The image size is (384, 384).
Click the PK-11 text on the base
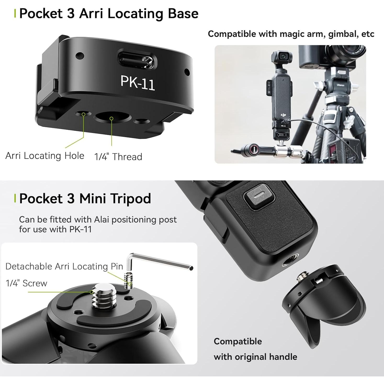pyautogui.click(x=138, y=82)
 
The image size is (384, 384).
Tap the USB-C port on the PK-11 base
pyautogui.click(x=137, y=59)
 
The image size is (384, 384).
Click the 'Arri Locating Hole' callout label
pyautogui.click(x=45, y=156)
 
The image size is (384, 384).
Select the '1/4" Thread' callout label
pyautogui.click(x=118, y=157)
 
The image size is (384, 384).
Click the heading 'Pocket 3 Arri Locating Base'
pyautogui.click(x=109, y=14)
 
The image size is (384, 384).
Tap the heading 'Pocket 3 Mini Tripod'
pyautogui.click(x=85, y=199)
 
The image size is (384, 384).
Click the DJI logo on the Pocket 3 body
pyautogui.click(x=283, y=115)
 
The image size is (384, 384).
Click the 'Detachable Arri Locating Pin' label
pyautogui.click(x=64, y=266)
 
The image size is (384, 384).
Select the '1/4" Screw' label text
pyautogui.click(x=26, y=283)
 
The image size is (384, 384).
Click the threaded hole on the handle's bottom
pyautogui.click(x=289, y=262)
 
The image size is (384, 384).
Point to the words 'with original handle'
pyautogui.click(x=255, y=357)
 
